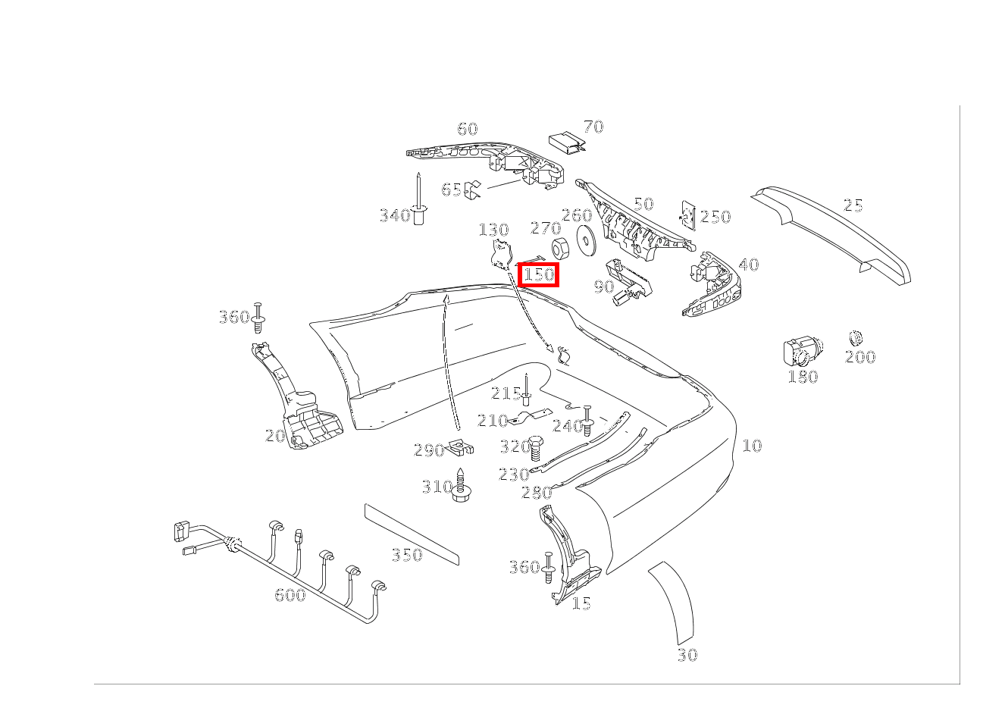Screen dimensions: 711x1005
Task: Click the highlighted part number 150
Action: (539, 274)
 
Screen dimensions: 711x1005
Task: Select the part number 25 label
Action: (853, 205)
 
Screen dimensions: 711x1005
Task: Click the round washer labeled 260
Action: (585, 238)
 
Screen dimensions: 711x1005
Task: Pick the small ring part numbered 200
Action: (856, 338)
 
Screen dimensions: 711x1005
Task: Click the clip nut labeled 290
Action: (460, 449)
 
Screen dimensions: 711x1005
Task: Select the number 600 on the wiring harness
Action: (290, 596)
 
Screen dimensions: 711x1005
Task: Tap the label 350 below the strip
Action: (407, 556)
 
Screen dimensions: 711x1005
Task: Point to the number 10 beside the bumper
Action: (751, 446)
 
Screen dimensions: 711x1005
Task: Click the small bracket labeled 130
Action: (499, 254)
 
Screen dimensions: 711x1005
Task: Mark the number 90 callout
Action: (603, 287)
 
